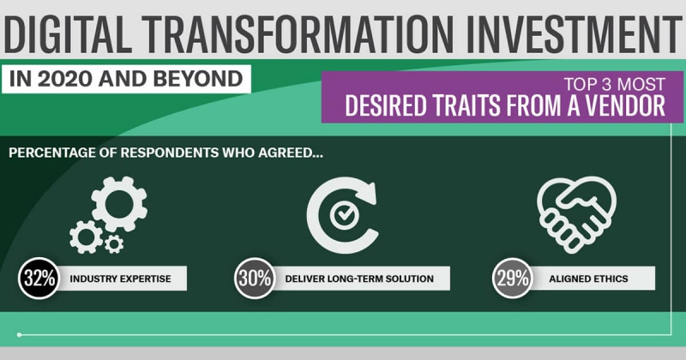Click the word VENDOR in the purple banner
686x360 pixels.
point(628,105)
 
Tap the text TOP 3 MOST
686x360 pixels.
point(614,84)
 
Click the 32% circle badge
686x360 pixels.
point(39,279)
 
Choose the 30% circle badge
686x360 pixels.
point(255,279)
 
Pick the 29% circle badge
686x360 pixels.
point(513,279)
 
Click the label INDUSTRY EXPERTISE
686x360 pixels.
point(120,279)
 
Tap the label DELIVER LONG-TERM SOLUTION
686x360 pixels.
point(359,279)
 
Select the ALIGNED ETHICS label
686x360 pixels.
point(588,279)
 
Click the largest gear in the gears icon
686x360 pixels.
point(119,204)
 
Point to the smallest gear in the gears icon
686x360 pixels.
point(114,243)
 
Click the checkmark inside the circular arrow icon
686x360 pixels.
point(344,214)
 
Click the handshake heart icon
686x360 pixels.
point(576,214)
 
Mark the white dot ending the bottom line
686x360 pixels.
point(19,334)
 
